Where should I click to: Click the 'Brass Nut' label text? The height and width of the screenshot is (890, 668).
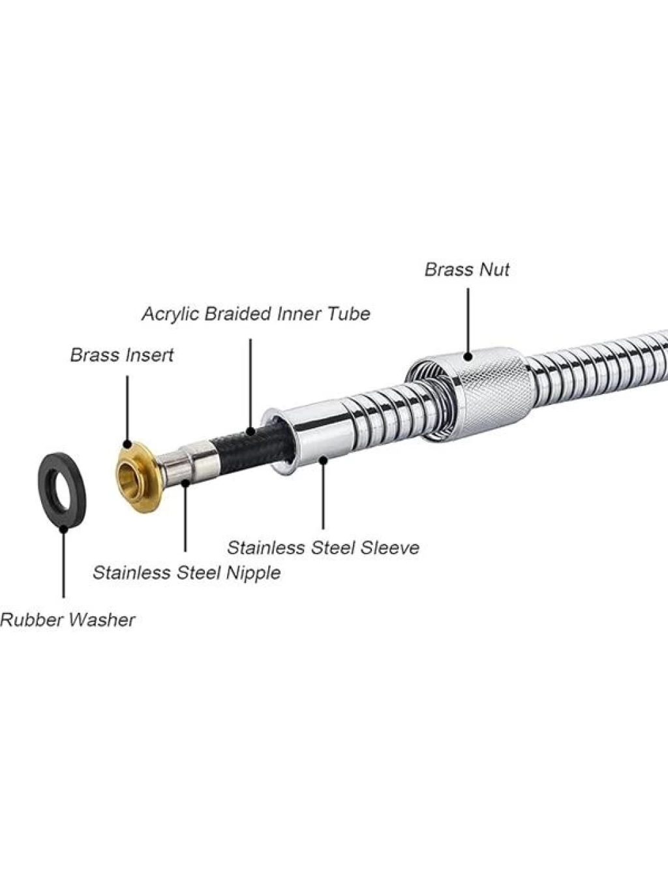467,270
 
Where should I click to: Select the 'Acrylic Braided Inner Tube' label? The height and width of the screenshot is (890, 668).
256,314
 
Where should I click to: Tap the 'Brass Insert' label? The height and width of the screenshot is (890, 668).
122,355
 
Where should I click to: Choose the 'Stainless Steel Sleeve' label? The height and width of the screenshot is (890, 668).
324,548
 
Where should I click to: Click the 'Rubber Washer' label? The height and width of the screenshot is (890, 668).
67,621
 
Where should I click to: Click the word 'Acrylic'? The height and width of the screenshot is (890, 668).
171,315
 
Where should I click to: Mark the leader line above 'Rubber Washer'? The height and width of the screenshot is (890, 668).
63,563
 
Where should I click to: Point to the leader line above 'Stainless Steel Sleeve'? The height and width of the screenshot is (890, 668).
324,493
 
